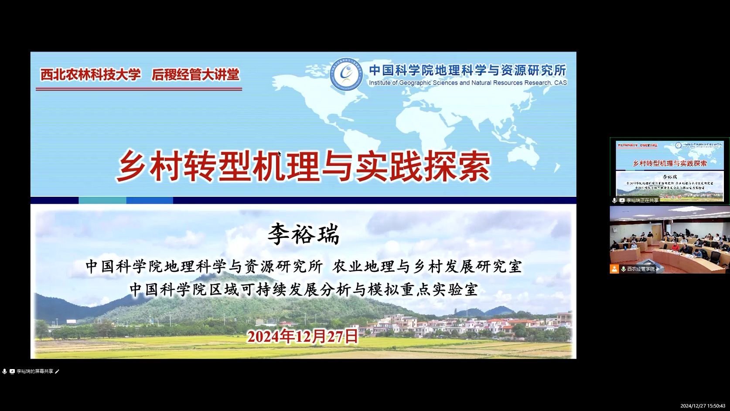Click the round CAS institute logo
346,75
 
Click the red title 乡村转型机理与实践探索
304,166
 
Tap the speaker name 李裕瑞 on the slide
304,234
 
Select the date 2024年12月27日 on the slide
303,336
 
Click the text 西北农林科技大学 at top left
91,75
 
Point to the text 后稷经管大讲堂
195,75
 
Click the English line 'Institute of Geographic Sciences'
467,83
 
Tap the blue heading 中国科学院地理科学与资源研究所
467,70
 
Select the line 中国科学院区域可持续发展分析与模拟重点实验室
304,289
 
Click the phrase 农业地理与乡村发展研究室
427,267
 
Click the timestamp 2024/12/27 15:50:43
703,406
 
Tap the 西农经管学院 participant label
641,269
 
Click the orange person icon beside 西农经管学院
614,269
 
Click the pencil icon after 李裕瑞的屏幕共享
57,371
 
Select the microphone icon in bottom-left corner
4,371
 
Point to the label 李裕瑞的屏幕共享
35,371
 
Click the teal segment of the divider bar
102,200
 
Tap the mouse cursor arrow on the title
280,154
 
